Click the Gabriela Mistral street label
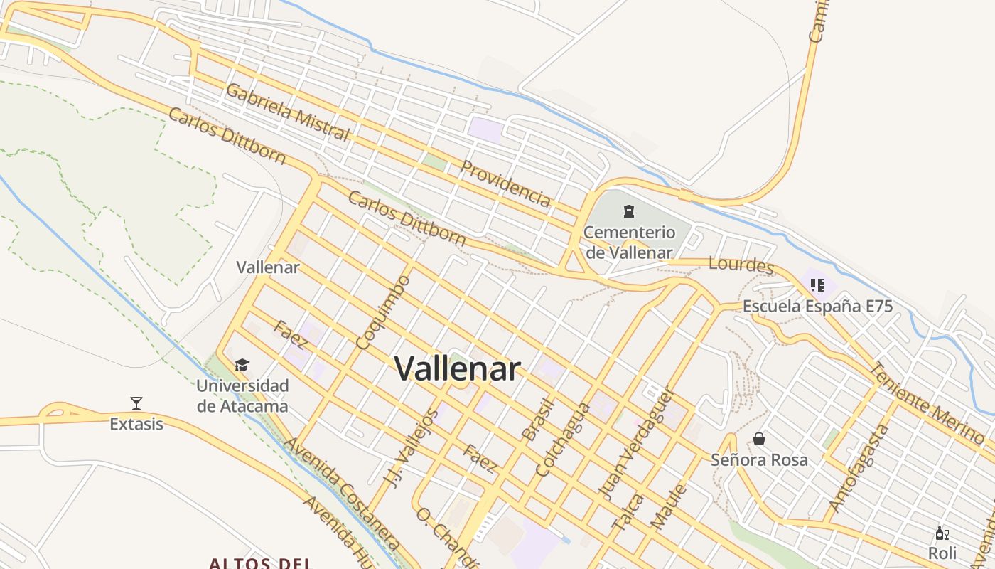[x=288, y=112]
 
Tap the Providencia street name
[x=505, y=184]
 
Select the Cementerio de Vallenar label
[x=629, y=242]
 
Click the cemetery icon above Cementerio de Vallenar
[x=629, y=211]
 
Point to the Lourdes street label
[x=741, y=265]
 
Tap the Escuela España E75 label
[x=817, y=307]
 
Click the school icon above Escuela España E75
[x=817, y=285]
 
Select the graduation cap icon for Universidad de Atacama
[x=242, y=366]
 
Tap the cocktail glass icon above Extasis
[x=136, y=403]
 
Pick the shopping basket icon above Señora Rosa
[x=759, y=439]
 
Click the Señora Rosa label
[x=759, y=460]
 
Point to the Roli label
[x=942, y=553]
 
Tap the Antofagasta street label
[x=859, y=467]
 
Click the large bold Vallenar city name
[x=458, y=368]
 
